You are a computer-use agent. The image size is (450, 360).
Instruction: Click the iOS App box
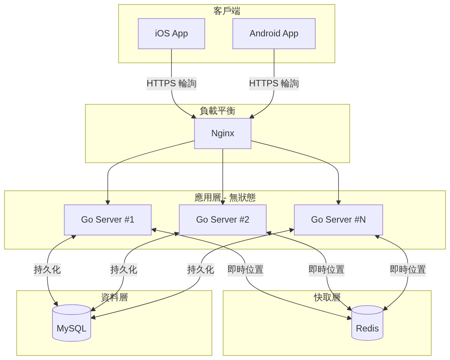click(x=171, y=33)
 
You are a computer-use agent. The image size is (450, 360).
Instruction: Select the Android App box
click(x=274, y=33)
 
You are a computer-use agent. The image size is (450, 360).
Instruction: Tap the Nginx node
click(x=223, y=133)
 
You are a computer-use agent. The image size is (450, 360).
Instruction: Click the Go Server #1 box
click(x=108, y=220)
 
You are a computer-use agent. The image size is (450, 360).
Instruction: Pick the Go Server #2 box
click(x=223, y=220)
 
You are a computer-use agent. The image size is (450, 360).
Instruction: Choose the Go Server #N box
click(x=338, y=220)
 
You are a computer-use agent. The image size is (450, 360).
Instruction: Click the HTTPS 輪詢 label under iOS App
click(x=171, y=83)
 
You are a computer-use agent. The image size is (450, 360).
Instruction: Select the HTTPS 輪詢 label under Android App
click(x=274, y=83)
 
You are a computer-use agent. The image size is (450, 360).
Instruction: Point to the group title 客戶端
click(x=226, y=11)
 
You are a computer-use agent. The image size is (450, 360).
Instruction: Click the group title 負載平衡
click(x=217, y=111)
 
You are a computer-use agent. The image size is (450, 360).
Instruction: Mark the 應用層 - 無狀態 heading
click(x=225, y=197)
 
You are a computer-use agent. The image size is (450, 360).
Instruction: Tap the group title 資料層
click(x=114, y=297)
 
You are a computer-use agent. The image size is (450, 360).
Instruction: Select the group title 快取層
click(x=327, y=297)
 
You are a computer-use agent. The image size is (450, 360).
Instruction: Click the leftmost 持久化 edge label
click(x=47, y=270)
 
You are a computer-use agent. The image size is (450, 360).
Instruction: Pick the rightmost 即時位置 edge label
click(x=408, y=270)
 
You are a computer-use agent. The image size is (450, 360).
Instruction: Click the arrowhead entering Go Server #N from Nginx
click(x=338, y=203)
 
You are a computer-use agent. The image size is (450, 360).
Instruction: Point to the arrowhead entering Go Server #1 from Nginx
click(x=108, y=203)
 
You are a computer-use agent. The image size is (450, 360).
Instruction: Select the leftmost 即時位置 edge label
click(x=245, y=270)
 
